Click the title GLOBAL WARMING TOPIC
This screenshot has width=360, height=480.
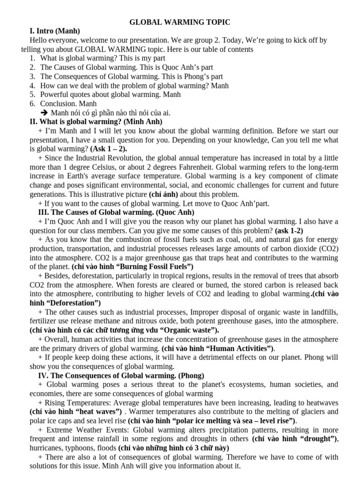(x=180, y=22)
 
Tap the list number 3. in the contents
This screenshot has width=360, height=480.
(x=32, y=76)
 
